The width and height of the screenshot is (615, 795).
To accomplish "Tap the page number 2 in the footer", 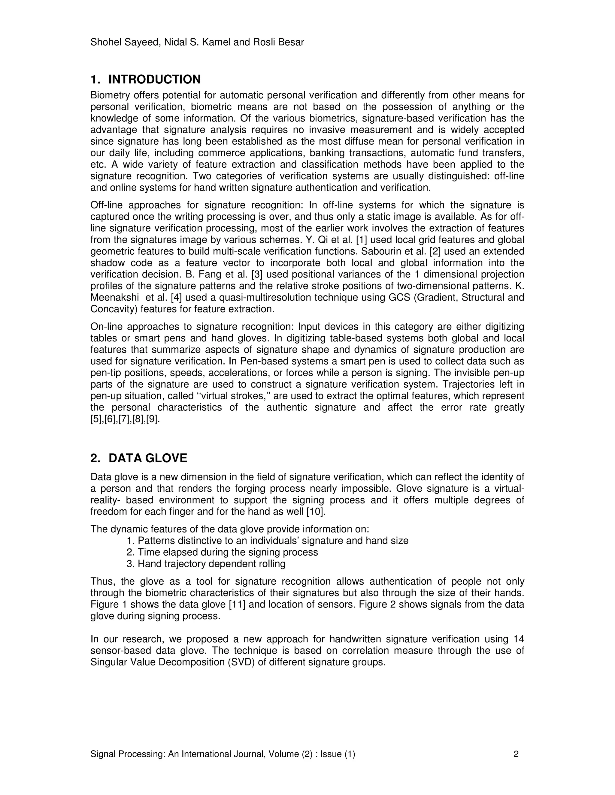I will tap(516, 754).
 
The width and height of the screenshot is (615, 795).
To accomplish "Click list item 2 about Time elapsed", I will tap(222, 552).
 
